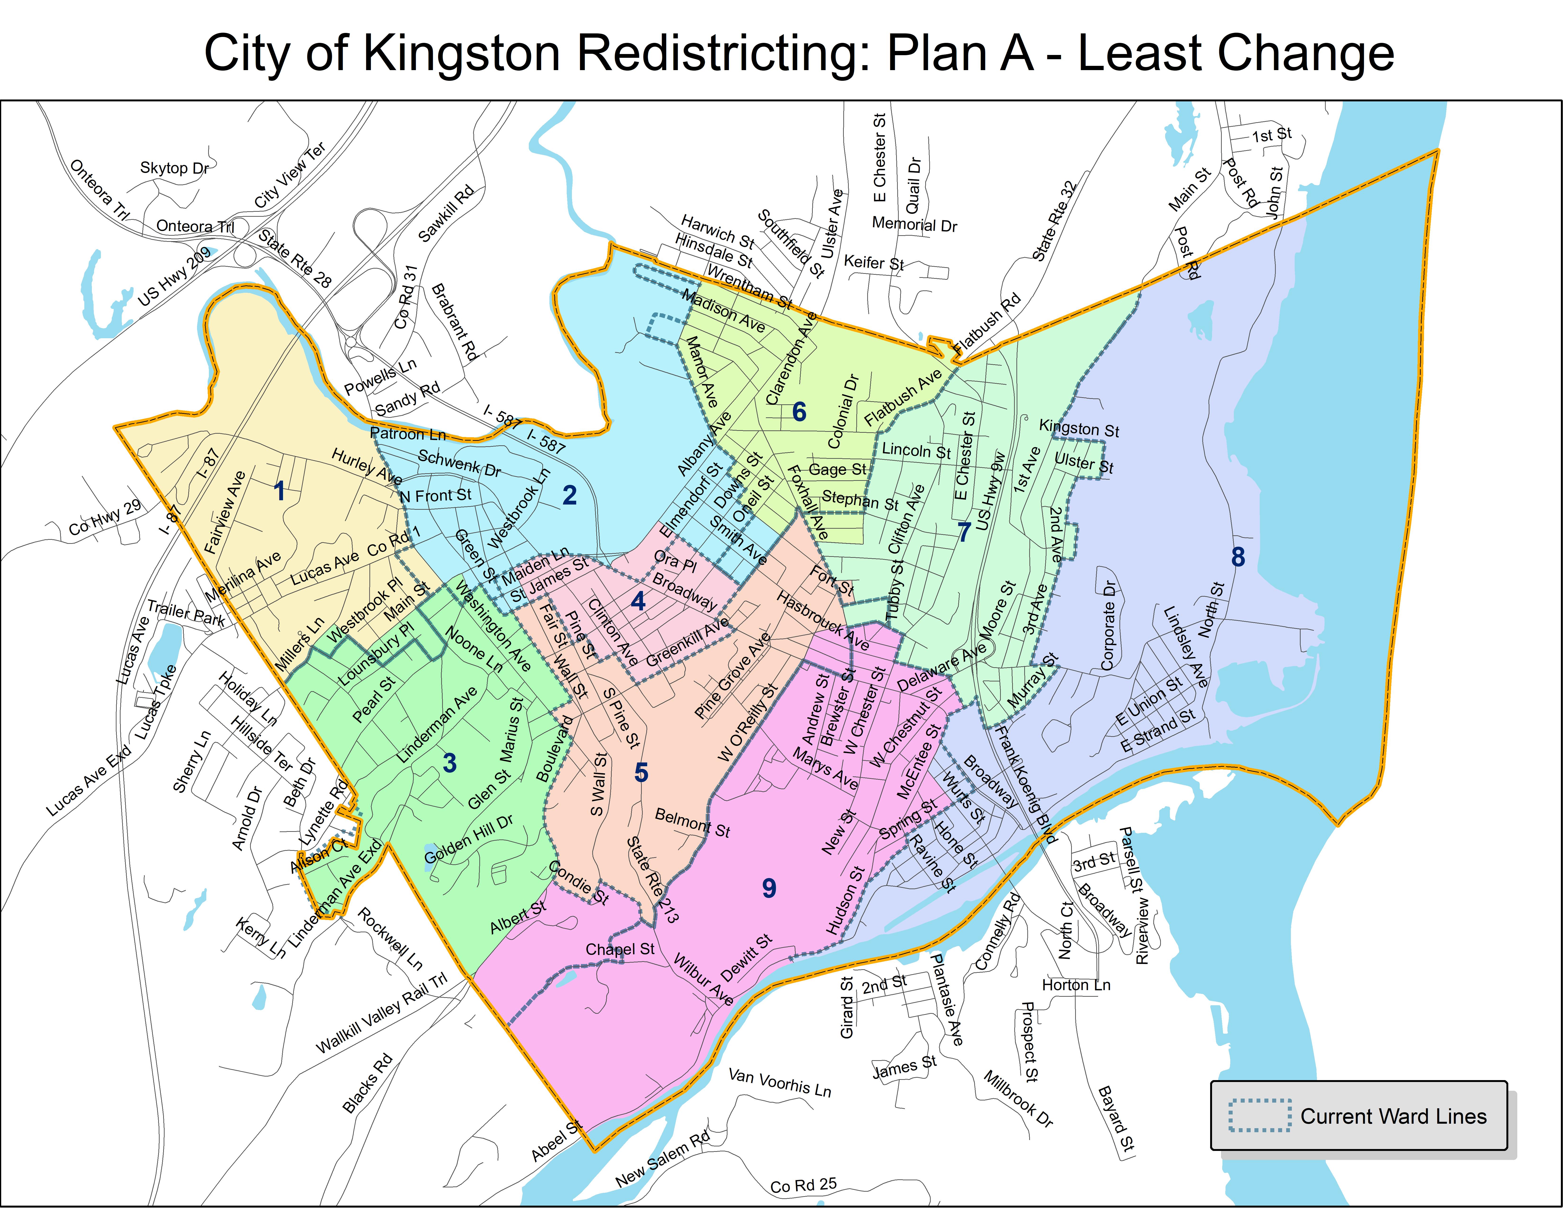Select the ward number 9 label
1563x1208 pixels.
click(769, 888)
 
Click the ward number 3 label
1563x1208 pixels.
click(449, 764)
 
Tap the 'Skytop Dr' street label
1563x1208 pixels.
click(174, 168)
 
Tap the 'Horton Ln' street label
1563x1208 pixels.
click(1076, 985)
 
